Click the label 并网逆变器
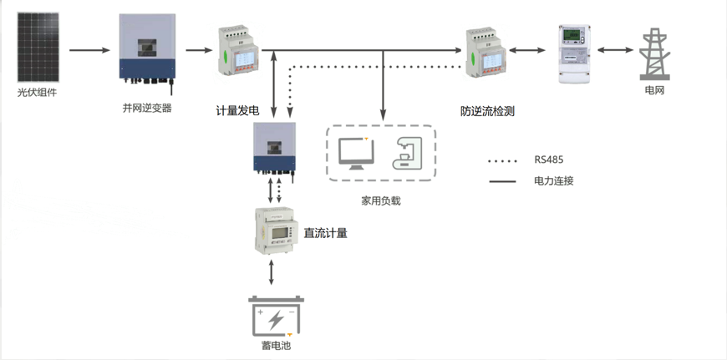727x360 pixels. (147, 108)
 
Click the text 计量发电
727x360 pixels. (237, 110)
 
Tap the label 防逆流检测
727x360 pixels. (486, 110)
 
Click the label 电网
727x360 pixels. (654, 89)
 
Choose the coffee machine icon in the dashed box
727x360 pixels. (409, 153)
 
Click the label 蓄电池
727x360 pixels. (276, 346)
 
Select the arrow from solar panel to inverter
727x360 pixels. (89, 51)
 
